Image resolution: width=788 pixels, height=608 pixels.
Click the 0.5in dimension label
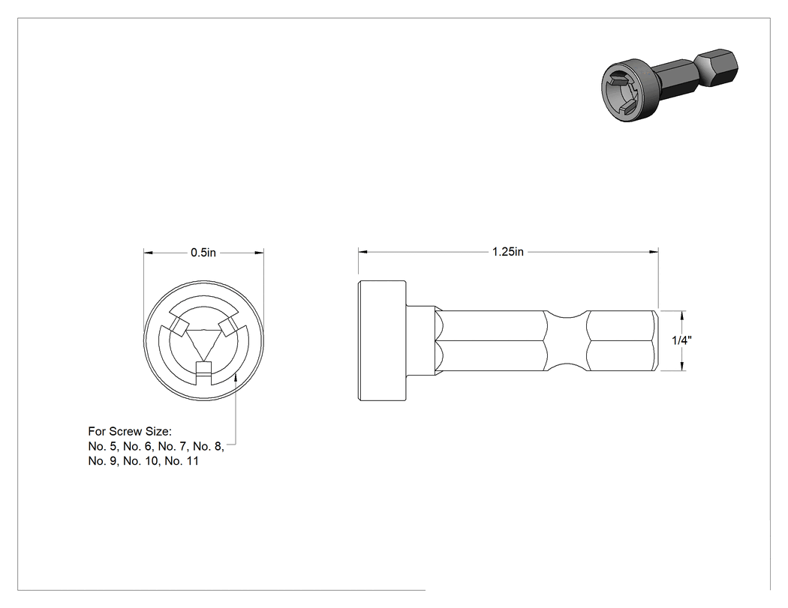203,253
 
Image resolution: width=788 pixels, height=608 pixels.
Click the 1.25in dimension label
507,252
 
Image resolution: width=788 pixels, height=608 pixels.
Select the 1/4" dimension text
681,340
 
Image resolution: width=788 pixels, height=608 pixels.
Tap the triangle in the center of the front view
203,345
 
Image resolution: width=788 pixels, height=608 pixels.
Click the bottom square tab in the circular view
203,368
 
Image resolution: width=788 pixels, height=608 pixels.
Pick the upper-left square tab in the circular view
177,327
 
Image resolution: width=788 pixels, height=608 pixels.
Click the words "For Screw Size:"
130,431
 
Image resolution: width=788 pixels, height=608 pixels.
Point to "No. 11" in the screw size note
182,461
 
